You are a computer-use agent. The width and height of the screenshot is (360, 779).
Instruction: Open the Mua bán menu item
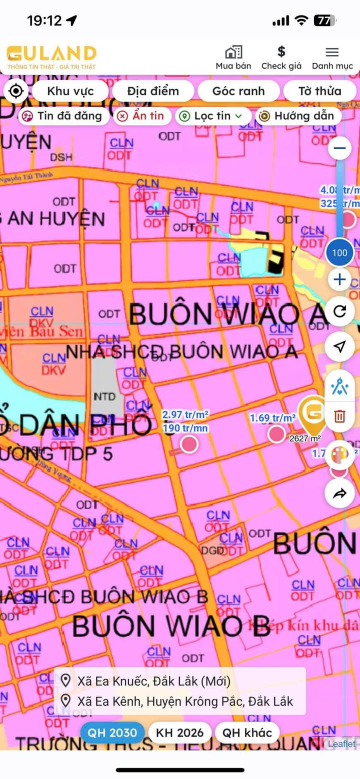pos(233,57)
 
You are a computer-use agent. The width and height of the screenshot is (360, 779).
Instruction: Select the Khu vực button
pos(70,91)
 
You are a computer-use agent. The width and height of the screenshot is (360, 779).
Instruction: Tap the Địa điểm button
pos(153,91)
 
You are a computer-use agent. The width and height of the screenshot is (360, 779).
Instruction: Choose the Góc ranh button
pos(238,91)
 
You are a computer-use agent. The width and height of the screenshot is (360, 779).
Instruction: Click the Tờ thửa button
pos(320,91)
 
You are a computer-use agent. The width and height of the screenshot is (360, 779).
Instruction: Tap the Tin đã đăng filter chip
pos(63,116)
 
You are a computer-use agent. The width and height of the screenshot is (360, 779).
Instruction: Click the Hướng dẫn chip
pos(298,116)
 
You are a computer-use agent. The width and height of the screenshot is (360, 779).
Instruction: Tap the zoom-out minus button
pos(340,148)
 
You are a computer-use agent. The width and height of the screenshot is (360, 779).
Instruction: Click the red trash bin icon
pos(340,416)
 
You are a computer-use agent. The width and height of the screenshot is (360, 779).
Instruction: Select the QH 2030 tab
pos(112,733)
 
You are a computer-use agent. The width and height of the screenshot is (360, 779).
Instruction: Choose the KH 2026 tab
pos(180,733)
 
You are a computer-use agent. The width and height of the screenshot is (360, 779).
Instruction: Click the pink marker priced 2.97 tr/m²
pos(188,443)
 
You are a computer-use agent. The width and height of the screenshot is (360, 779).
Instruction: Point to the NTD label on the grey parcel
pos(104,397)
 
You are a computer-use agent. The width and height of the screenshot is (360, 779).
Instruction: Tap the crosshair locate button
pos(16,91)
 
